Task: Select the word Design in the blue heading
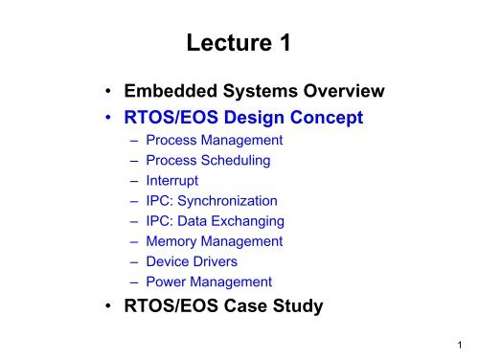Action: (x=252, y=118)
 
